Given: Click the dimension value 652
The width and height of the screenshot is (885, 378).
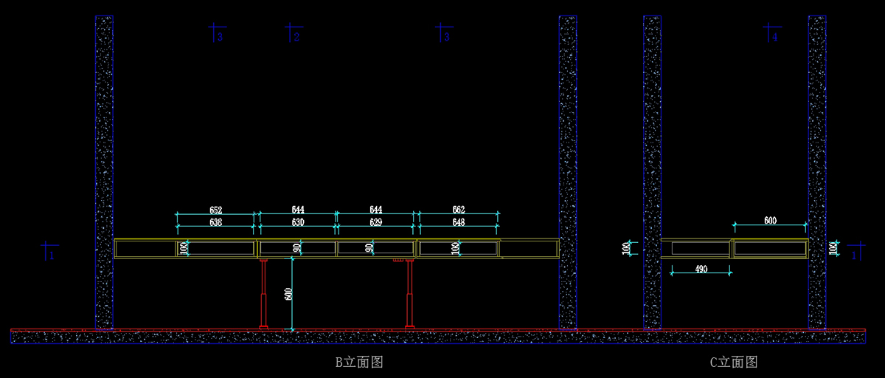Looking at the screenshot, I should (x=215, y=210).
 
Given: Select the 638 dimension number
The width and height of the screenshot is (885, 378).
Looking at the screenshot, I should (x=215, y=222).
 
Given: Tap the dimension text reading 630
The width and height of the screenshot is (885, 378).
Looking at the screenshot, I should (x=298, y=222).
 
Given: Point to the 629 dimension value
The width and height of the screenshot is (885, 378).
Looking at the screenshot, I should (x=375, y=222).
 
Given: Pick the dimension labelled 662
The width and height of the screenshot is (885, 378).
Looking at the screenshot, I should (x=459, y=210).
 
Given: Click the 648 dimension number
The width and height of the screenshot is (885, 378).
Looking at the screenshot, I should (x=459, y=222).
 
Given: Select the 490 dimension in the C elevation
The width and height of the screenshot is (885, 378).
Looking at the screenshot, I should (x=701, y=269).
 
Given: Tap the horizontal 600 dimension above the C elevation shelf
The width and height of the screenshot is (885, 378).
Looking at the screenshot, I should (x=770, y=220).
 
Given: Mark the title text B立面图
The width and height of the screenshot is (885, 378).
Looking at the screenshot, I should (x=359, y=362).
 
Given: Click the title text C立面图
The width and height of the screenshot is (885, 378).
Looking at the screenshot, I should (x=734, y=362).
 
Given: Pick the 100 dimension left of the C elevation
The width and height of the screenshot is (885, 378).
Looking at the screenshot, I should (x=627, y=248).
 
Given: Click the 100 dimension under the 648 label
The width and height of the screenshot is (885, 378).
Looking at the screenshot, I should (x=456, y=249).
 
